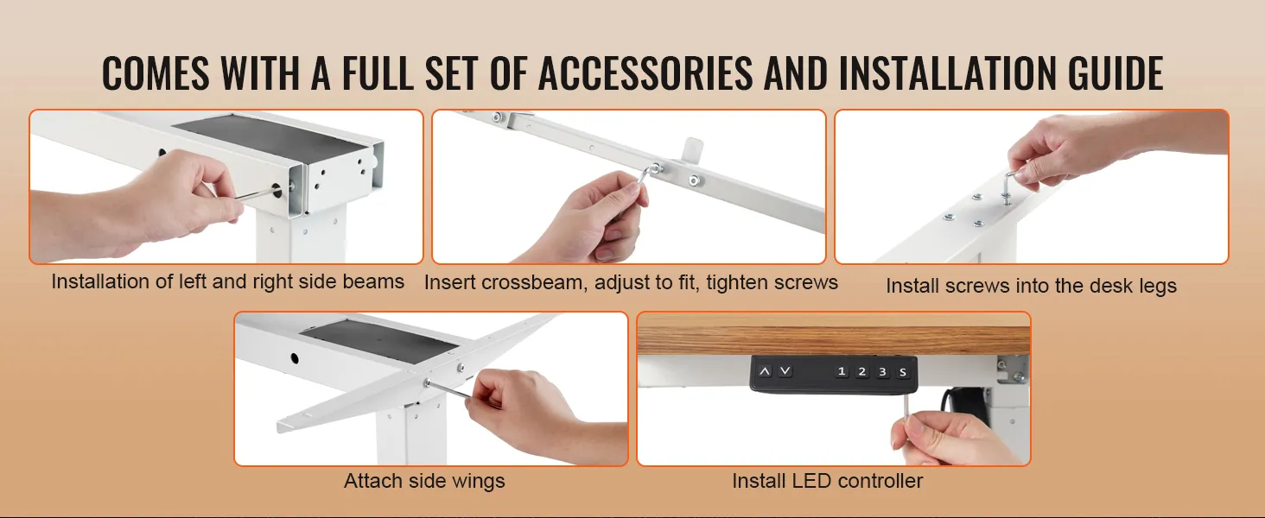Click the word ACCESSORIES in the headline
[x=645, y=73]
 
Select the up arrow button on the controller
[x=765, y=371]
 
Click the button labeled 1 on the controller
[x=842, y=372]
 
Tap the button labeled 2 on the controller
[x=862, y=372]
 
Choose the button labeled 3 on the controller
[x=882, y=372]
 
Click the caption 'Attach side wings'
[x=424, y=481]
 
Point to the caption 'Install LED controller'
[x=827, y=481]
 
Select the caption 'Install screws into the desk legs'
[x=1031, y=286]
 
